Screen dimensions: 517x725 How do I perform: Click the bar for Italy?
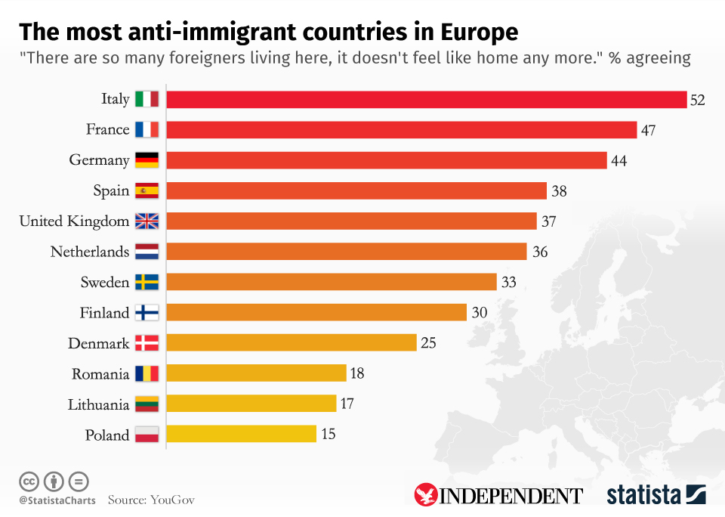click(426, 99)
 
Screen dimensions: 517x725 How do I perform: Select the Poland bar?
click(241, 434)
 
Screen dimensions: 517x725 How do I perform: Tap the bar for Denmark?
click(291, 342)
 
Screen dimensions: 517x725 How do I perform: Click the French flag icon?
click(147, 129)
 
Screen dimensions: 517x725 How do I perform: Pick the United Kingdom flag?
click(147, 221)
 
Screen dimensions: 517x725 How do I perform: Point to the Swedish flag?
click(147, 282)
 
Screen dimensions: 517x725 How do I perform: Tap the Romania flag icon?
click(147, 373)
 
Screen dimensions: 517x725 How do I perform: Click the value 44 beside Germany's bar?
click(619, 160)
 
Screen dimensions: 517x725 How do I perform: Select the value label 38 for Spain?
click(559, 190)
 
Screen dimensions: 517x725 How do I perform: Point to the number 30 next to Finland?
click(480, 312)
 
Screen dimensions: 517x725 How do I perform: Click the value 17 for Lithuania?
click(347, 404)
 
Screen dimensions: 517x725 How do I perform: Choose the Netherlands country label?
click(90, 252)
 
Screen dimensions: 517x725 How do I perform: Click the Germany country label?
click(99, 160)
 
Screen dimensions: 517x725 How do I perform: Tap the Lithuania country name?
click(98, 404)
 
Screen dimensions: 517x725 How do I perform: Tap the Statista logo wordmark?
click(643, 495)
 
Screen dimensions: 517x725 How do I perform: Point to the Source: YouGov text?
click(151, 500)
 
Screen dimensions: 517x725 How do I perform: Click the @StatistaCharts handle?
click(57, 500)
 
